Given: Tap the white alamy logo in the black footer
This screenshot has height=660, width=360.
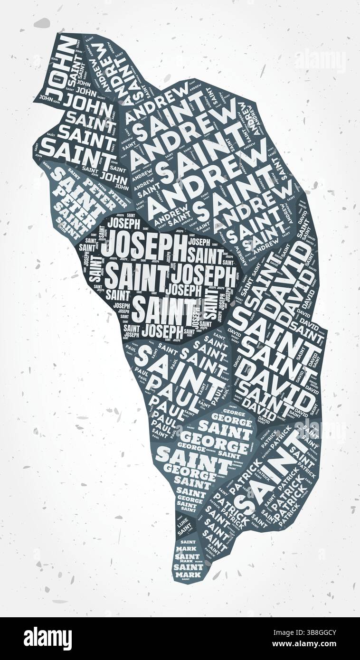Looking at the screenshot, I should (47, 639).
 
